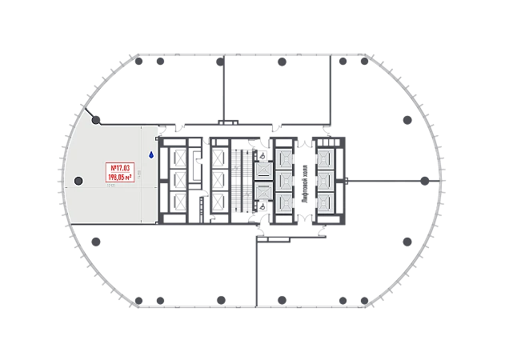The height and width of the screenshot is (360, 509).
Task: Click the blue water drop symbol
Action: (x=150, y=155)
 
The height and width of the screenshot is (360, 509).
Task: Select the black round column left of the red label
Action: (x=78, y=180)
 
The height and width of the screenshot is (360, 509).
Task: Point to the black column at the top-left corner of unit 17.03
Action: (x=97, y=121)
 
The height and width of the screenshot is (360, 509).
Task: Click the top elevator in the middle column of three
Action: (x=284, y=157)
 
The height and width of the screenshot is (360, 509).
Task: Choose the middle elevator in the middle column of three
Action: (x=284, y=180)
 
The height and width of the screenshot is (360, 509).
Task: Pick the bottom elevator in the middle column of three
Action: (x=284, y=202)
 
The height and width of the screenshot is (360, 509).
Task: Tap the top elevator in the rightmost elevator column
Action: (x=326, y=157)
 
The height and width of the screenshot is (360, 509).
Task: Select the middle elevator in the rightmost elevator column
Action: (x=326, y=180)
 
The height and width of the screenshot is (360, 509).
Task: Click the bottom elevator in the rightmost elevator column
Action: (x=326, y=202)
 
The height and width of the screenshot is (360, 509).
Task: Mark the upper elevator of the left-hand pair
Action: (x=262, y=170)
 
